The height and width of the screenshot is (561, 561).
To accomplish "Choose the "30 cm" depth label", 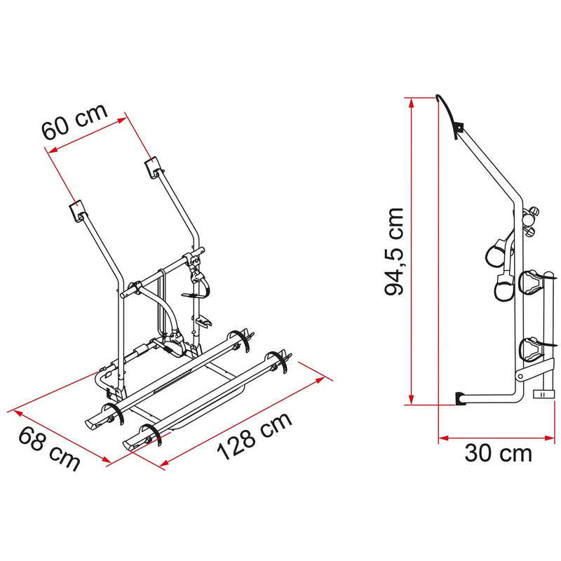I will pyautogui.click(x=499, y=454).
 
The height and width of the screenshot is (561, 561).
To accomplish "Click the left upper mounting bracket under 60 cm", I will pyautogui.click(x=76, y=210).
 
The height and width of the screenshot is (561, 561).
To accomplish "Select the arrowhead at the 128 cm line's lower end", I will pyautogui.click(x=165, y=462).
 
